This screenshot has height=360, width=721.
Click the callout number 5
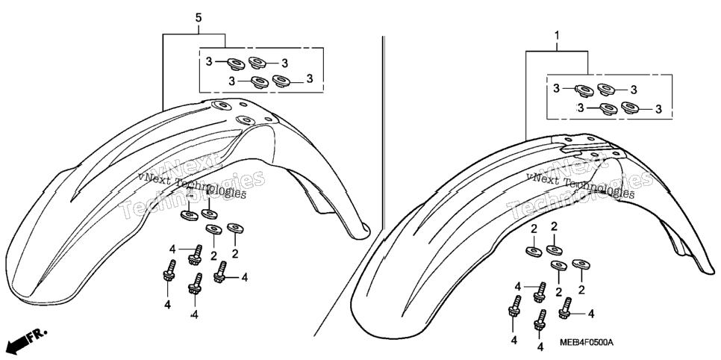click(x=199, y=18)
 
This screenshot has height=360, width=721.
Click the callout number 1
click(x=557, y=35)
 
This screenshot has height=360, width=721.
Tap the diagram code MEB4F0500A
click(x=587, y=343)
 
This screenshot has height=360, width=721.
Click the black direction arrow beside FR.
click(x=13, y=344)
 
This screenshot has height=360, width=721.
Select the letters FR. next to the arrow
click(x=38, y=335)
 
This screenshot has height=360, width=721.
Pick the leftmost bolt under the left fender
click(x=169, y=271)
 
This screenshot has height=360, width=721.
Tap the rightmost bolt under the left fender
click(x=220, y=272)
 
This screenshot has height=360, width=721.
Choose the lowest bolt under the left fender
click(x=195, y=284)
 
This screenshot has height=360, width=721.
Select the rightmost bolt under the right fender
click(x=565, y=308)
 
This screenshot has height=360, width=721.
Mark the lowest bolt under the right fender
click(x=540, y=320)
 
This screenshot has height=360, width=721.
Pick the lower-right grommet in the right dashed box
click(x=631, y=108)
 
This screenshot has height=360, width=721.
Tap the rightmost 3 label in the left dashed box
click(x=310, y=78)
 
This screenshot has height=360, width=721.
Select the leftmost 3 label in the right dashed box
click(x=556, y=88)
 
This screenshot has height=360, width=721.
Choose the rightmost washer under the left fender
click(x=235, y=228)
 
